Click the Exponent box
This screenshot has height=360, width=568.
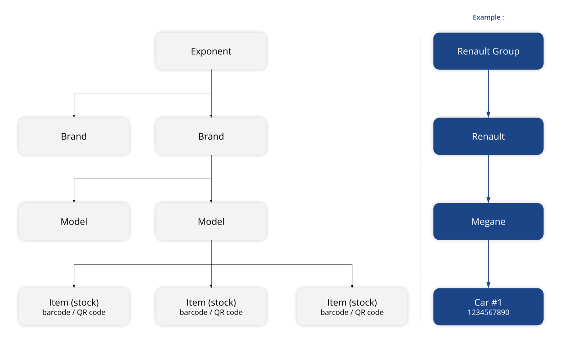[x=211, y=51]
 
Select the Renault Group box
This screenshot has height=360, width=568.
[x=488, y=51]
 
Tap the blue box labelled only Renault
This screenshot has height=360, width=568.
[x=488, y=136]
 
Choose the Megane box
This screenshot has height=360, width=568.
[x=488, y=221]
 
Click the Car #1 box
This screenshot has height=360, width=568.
[x=488, y=306]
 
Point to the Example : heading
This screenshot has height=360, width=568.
[x=488, y=17]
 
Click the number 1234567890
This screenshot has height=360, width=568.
[x=488, y=313]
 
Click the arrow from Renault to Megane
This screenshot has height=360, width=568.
[x=488, y=179]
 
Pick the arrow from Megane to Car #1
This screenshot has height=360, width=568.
[x=488, y=264]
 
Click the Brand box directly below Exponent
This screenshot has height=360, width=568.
[x=211, y=136]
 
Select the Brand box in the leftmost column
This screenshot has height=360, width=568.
[x=74, y=136]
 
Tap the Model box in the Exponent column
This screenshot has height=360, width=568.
[x=211, y=221]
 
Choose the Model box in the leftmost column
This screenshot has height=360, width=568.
[x=74, y=221]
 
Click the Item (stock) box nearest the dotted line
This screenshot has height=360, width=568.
[x=352, y=306]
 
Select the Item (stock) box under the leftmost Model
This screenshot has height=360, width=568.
[x=74, y=306]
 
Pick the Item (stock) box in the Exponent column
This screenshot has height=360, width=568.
[x=211, y=306]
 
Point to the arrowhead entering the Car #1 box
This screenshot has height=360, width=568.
[x=488, y=285]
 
